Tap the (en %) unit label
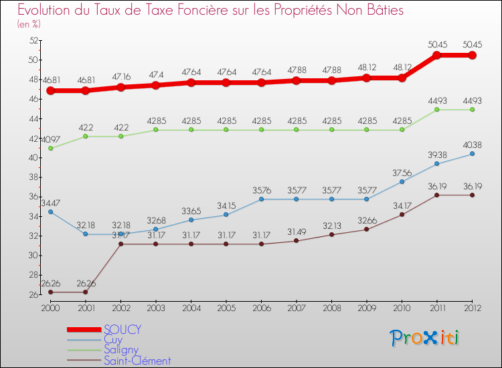(x=29, y=24)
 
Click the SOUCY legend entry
(x=122, y=329)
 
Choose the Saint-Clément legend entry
(x=137, y=361)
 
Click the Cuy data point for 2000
(x=50, y=211)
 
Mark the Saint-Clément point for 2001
(x=85, y=292)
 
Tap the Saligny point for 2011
(x=437, y=110)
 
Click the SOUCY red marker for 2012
(x=472, y=56)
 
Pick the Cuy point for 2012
(x=472, y=154)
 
